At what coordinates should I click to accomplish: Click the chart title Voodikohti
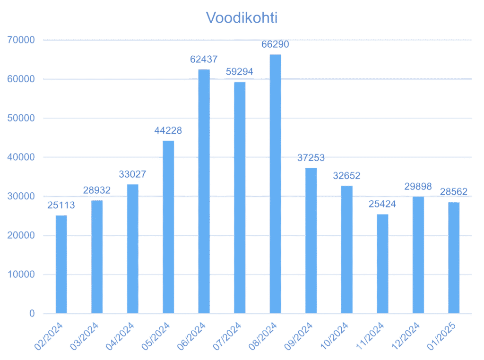tap(242, 18)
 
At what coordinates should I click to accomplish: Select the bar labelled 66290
tap(276, 184)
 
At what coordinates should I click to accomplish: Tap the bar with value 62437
tap(204, 191)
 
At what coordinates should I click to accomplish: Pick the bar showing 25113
tap(61, 264)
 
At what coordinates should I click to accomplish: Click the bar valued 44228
tap(168, 227)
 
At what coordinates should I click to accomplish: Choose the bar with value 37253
tap(311, 240)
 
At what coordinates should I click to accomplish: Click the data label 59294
tap(239, 72)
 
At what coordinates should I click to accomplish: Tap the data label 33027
tap(132, 175)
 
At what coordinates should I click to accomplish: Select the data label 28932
tap(96, 191)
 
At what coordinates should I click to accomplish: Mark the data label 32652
tap(346, 176)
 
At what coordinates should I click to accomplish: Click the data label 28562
tap(454, 192)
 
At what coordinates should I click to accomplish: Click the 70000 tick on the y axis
tap(22, 41)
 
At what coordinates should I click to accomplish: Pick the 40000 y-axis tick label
tap(22, 157)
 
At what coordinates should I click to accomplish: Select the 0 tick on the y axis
tap(32, 314)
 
